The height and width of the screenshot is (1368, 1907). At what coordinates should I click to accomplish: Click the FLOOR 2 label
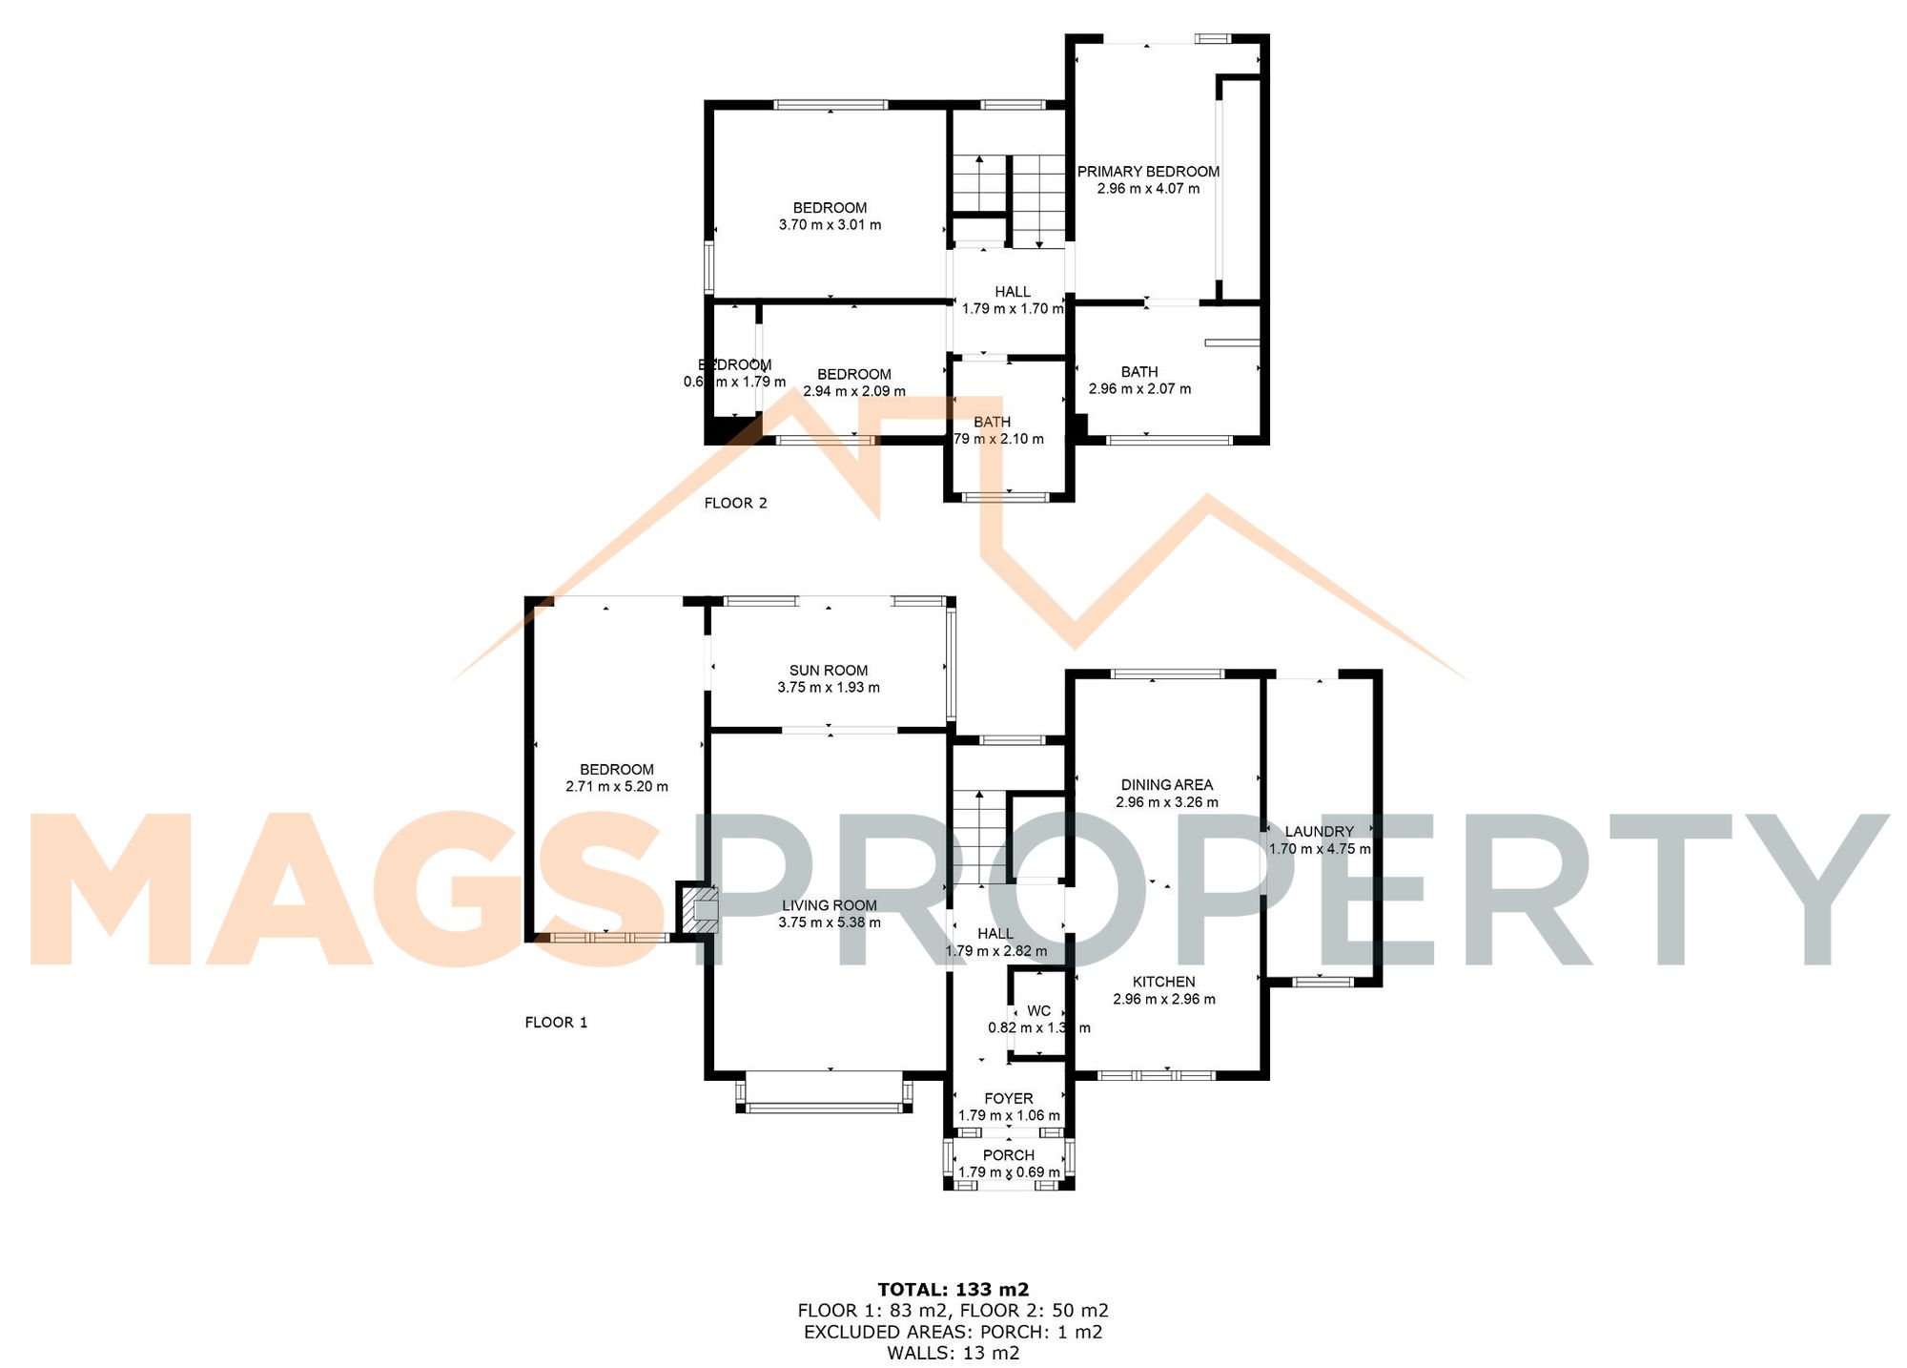coord(735,503)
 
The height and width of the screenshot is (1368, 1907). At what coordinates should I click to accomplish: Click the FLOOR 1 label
coord(556,1022)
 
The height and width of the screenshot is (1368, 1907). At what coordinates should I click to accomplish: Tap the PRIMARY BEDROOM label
coord(1148,172)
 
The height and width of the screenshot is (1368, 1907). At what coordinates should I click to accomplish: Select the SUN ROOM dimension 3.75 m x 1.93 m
coord(828,687)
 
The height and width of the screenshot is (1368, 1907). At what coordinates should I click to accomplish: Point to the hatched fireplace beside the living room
coord(696,911)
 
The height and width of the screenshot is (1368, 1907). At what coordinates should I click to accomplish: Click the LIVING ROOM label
coord(829,905)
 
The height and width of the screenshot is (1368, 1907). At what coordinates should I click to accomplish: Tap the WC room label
coord(1038,1011)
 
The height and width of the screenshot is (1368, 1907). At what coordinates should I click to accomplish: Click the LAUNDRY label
coord(1319,832)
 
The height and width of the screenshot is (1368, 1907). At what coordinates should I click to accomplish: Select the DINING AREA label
coord(1166,785)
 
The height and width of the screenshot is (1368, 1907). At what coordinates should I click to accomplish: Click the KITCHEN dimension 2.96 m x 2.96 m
coord(1163,999)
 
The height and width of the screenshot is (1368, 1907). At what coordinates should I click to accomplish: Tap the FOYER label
coord(1008,1099)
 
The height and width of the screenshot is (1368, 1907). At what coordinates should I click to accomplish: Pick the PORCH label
coord(1008,1155)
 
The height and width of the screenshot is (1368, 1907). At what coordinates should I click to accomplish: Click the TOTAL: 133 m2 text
coord(953,1290)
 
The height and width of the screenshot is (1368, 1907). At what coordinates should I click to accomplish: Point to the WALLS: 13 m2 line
coord(953,1353)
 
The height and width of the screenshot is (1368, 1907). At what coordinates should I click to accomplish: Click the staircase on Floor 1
coord(979,839)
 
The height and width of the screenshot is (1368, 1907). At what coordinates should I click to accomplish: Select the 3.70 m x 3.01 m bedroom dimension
coord(830,225)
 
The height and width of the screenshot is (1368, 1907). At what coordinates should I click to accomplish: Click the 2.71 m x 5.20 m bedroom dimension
coord(616,787)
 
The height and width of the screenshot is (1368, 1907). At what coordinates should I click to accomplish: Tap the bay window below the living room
coord(824,1107)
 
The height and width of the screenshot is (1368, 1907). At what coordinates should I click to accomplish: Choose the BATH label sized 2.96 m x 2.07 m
coord(1138,372)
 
